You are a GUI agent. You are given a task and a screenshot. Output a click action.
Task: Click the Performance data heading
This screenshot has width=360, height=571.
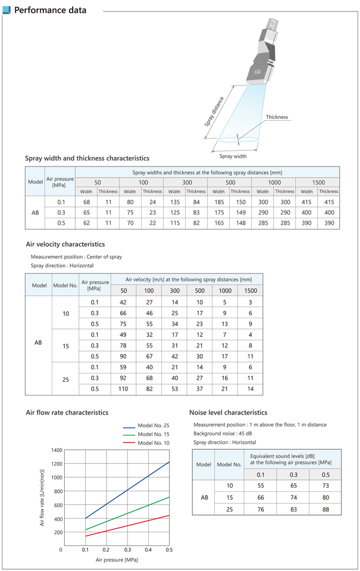[x=50, y=10]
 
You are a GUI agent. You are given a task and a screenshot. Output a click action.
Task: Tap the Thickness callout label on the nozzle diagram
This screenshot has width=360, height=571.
[x=277, y=117]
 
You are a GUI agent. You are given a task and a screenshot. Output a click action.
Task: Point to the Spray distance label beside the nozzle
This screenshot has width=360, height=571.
[x=214, y=111]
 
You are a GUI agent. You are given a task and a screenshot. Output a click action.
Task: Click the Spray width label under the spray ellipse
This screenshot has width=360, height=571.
[x=233, y=156]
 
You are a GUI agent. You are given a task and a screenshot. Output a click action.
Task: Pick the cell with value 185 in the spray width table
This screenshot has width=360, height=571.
[x=218, y=202]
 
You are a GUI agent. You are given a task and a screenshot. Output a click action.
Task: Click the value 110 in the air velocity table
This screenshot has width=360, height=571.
[x=124, y=388]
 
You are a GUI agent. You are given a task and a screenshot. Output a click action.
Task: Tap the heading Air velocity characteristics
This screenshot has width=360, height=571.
[x=65, y=244]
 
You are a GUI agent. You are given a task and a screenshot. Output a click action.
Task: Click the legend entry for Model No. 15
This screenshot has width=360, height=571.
[x=153, y=435]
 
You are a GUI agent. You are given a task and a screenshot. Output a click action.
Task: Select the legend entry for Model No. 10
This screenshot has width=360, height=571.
[x=153, y=443]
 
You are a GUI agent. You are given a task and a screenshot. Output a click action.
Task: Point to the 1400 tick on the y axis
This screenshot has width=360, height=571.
[x=57, y=450]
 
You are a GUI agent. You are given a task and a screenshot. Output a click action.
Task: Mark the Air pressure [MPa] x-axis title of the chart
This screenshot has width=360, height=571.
[x=117, y=560]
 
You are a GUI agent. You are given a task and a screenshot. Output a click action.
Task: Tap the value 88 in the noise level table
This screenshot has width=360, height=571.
[x=325, y=509]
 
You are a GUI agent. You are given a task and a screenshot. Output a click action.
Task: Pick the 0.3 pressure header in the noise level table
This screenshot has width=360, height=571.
[x=293, y=474]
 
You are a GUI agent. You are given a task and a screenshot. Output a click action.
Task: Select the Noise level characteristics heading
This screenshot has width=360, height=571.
[x=228, y=412]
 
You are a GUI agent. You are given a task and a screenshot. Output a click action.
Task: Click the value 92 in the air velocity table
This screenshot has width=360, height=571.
[x=124, y=378]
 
